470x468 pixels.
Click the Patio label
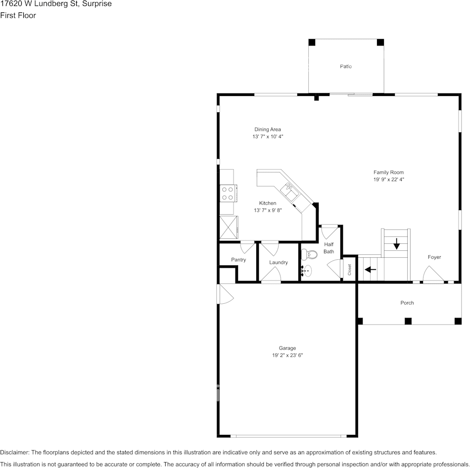pos(346,66)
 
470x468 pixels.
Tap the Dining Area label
pos(268,130)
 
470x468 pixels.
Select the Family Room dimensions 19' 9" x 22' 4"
pos(389,180)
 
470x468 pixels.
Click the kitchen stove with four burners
pos(228,192)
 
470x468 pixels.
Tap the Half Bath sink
pos(307,271)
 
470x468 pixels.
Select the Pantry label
pos(238,260)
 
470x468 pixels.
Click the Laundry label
pos(279,263)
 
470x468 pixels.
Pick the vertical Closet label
pos(349,270)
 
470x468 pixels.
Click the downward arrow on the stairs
pos(396,243)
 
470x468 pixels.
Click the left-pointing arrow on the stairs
pos(370,270)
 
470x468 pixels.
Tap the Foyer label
pos(434,257)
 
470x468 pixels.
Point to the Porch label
pos(407,303)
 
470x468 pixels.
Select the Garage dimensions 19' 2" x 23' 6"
pos(287,355)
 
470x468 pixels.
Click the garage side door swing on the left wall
pos(225,295)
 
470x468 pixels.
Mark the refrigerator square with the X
pos(228,227)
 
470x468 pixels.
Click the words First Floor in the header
pos(18,15)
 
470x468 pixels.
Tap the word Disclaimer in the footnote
pos(14,452)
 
